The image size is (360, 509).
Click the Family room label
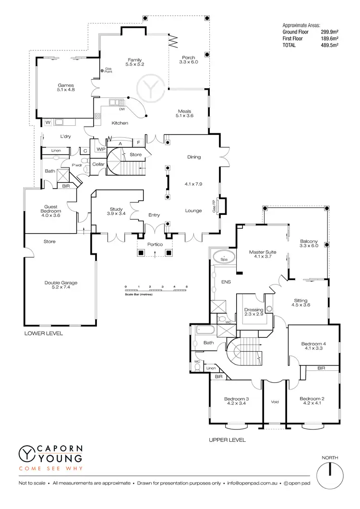135,61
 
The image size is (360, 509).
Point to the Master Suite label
261,254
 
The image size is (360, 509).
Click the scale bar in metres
156,290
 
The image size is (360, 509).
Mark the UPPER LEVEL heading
228,439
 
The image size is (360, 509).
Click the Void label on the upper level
275,402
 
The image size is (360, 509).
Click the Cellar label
98,165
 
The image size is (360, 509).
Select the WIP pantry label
101,149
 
